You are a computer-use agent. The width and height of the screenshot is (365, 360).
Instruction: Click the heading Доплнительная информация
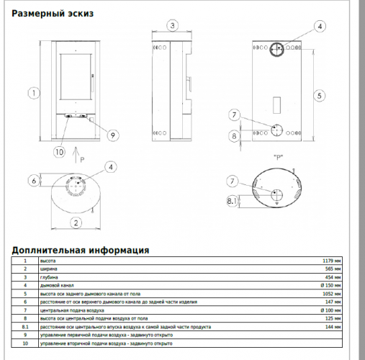(x=81, y=251)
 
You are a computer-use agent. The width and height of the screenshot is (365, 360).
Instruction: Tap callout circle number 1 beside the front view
(x=33, y=92)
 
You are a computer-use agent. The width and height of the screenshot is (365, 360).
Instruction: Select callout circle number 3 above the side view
(x=171, y=26)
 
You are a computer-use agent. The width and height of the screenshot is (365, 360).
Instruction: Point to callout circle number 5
(x=320, y=94)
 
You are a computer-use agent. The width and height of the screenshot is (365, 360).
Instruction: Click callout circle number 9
(x=112, y=135)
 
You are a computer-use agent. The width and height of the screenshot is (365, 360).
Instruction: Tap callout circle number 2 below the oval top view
(x=74, y=222)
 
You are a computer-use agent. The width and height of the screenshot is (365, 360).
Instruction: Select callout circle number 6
(x=33, y=180)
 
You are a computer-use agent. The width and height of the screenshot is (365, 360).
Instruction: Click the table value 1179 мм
(x=332, y=261)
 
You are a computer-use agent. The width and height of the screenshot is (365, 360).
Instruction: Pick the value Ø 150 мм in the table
(x=331, y=285)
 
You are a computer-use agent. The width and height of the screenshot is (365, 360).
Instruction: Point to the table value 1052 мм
(x=332, y=294)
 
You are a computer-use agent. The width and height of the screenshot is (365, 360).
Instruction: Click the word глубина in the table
(x=49, y=277)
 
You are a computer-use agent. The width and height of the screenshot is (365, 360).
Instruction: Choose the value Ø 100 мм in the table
(x=331, y=310)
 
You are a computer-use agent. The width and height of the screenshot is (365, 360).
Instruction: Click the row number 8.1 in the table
(x=24, y=326)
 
